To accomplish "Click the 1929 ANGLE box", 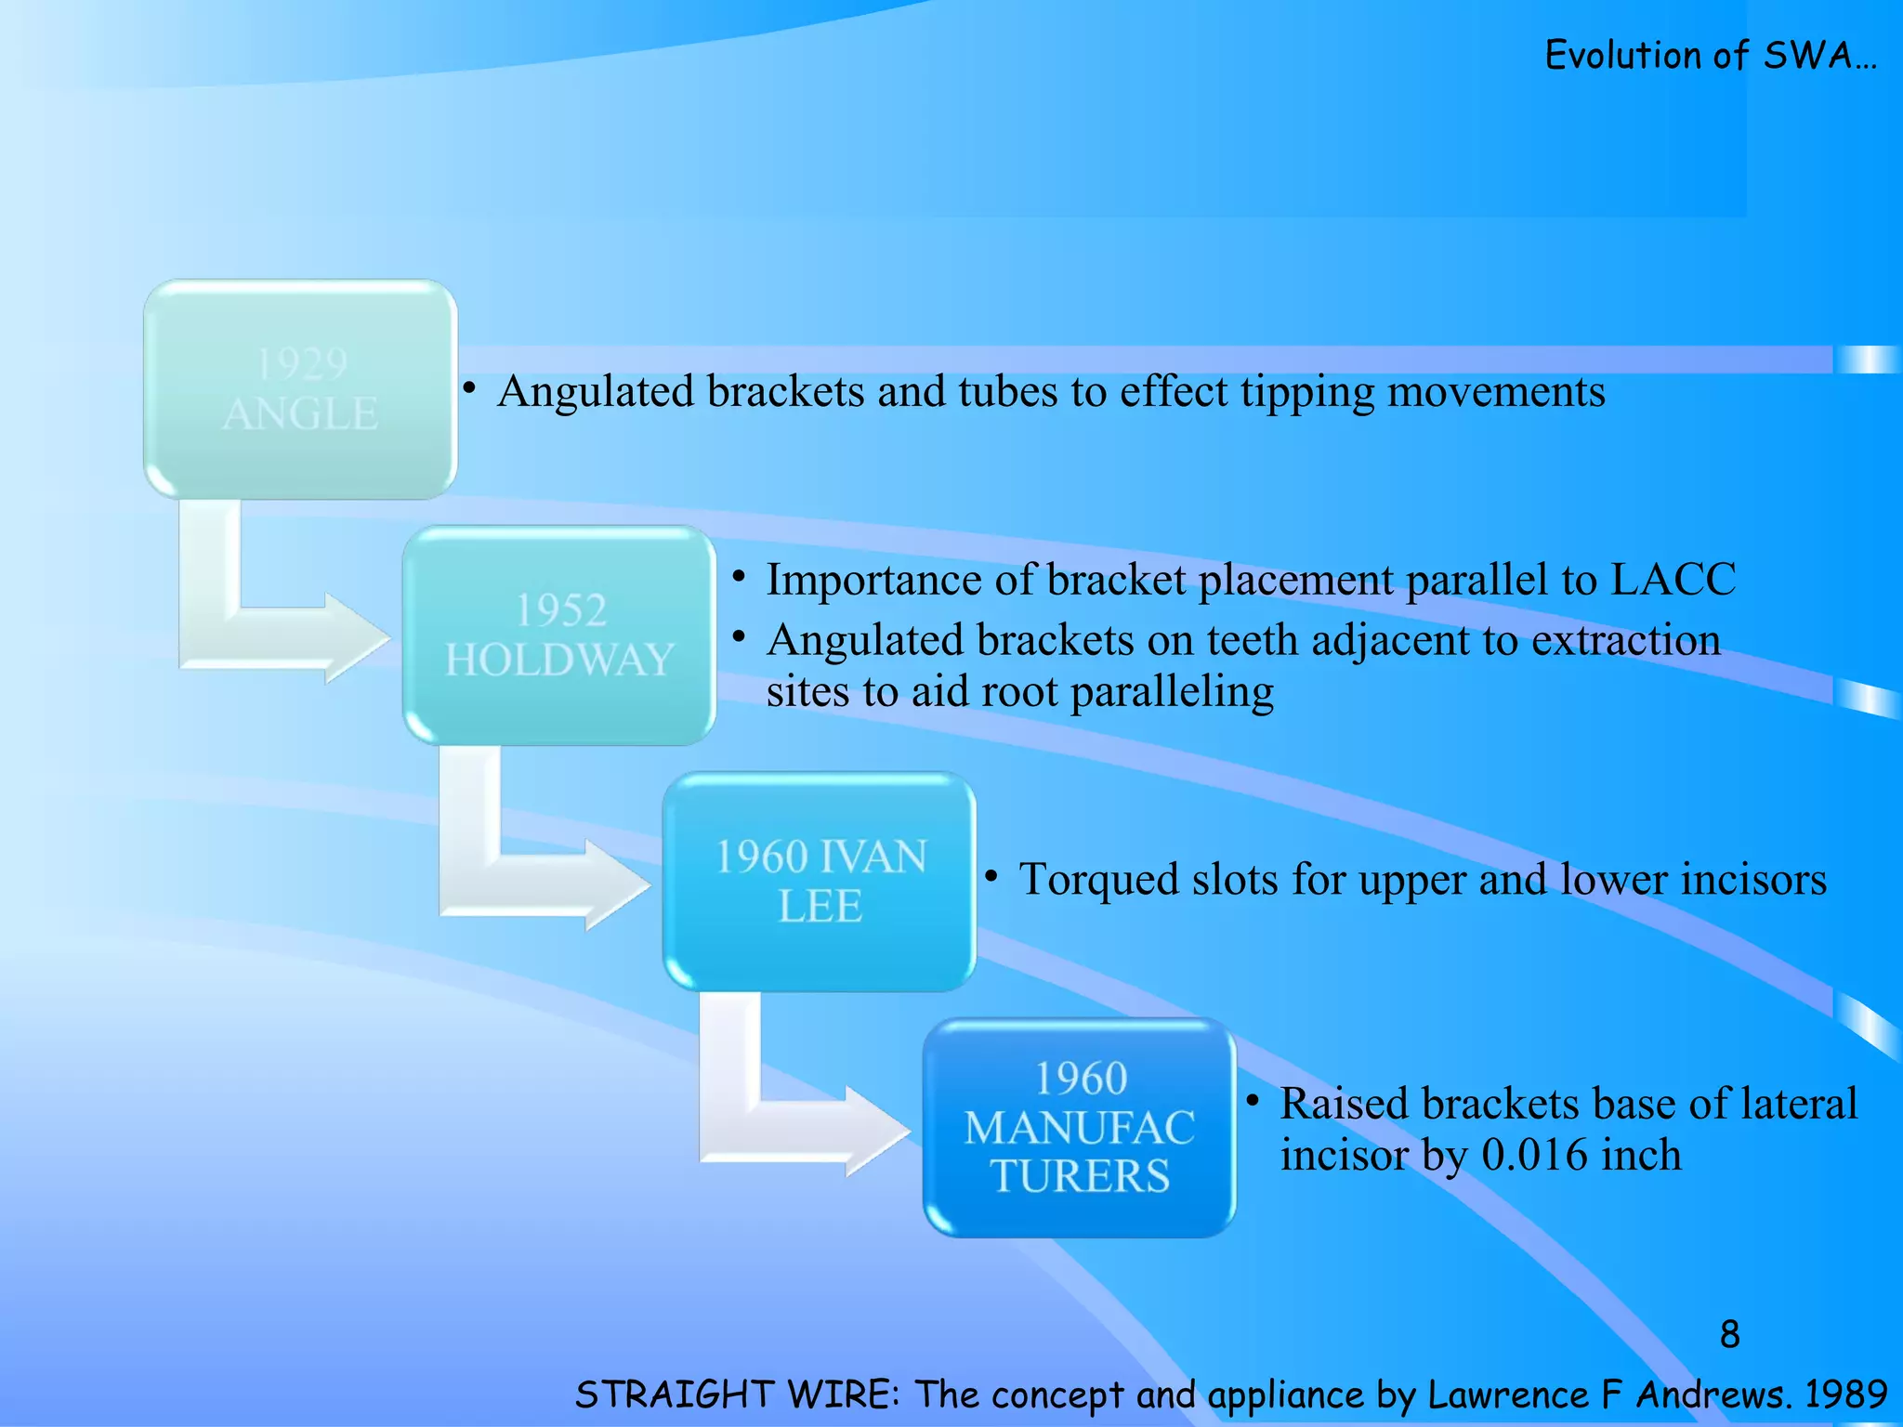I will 299,388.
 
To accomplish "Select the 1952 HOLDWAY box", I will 558,635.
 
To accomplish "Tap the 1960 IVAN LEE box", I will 819,881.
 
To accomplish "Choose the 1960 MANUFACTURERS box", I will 1079,1127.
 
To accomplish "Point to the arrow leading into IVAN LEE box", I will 539,879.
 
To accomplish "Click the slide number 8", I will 1729,1334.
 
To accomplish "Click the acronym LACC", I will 1672,580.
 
